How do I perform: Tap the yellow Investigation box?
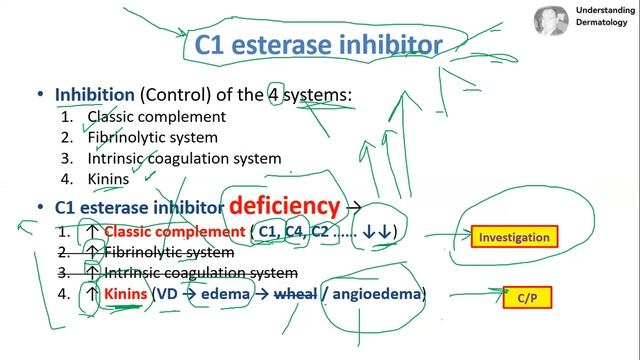coord(514,238)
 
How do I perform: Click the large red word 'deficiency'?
coord(284,206)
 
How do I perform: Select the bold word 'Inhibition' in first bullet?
coord(94,95)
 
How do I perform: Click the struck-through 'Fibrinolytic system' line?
coord(169,252)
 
